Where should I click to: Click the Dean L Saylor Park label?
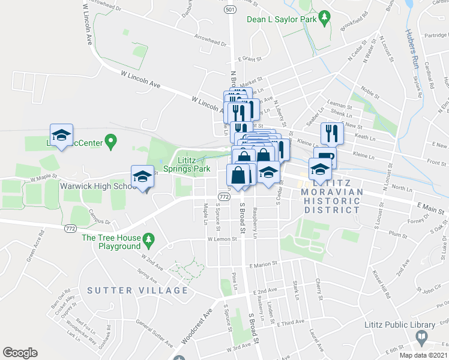pyautogui.click(x=282, y=19)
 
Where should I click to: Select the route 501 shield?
pyautogui.click(x=231, y=10)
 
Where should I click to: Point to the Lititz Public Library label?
pyautogui.click(x=399, y=325)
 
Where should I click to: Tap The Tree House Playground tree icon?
pyautogui.click(x=148, y=242)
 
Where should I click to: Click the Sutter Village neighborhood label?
pyautogui.click(x=137, y=290)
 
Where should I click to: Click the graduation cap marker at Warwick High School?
pyautogui.click(x=142, y=176)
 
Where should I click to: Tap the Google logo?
pyautogui.click(x=20, y=352)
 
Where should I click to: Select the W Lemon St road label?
pyautogui.click(x=220, y=239)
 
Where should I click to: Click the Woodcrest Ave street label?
pyautogui.click(x=196, y=326)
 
